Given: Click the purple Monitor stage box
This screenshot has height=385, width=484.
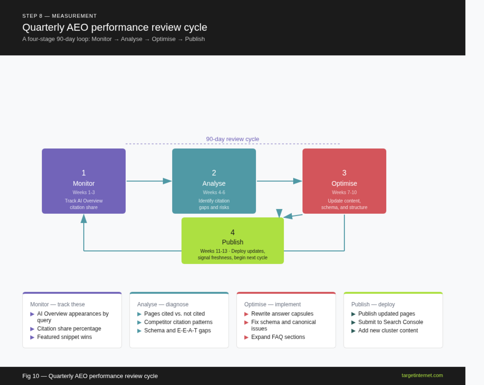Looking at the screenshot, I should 83,181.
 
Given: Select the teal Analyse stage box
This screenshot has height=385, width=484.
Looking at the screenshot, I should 214,181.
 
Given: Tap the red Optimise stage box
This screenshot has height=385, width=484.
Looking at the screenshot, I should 344,181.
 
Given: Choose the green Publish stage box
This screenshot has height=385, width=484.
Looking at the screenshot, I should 232,241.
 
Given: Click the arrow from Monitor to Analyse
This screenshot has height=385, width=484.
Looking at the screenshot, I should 148,181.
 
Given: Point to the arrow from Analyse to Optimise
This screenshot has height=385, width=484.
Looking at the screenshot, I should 279,181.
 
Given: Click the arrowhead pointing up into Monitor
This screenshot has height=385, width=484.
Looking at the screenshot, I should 84,218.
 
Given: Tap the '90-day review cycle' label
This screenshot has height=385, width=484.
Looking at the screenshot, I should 232,139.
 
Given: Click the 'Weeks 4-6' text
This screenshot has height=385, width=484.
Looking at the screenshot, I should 214,192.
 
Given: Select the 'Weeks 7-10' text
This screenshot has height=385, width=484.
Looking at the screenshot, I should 344,192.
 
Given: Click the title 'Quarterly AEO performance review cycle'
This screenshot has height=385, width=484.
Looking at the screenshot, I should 115,27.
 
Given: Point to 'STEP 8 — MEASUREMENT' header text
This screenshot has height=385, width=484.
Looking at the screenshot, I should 60,16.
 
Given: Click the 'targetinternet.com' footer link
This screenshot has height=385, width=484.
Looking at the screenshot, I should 422,375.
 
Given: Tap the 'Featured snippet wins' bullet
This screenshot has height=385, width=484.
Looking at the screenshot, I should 64,337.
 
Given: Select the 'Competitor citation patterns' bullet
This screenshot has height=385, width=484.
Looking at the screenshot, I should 178,322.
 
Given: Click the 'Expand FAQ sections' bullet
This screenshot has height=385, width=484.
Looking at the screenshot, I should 278,337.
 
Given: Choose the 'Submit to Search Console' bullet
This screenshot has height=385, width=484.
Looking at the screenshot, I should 390,322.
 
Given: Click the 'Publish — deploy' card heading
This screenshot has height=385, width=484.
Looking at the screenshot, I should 373,304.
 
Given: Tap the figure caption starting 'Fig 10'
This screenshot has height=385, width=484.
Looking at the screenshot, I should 90,376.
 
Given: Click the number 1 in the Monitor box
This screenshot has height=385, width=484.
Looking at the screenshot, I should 84,173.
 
